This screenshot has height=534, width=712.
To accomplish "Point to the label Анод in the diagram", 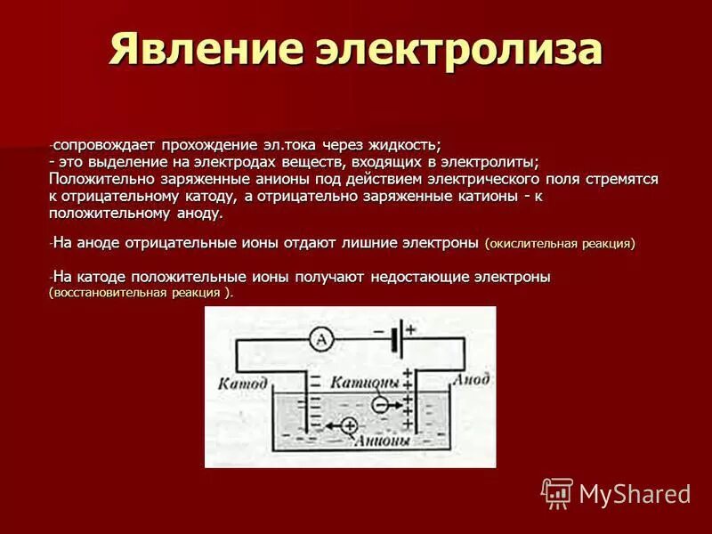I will point(470,380).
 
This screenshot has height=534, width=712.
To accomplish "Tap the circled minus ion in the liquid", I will point(378,403).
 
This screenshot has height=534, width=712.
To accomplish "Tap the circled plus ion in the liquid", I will point(348,425).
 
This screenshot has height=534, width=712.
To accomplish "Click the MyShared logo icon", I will point(557,492).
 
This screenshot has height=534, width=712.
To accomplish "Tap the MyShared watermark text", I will point(635,493).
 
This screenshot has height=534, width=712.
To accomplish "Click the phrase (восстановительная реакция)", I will point(142,293).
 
